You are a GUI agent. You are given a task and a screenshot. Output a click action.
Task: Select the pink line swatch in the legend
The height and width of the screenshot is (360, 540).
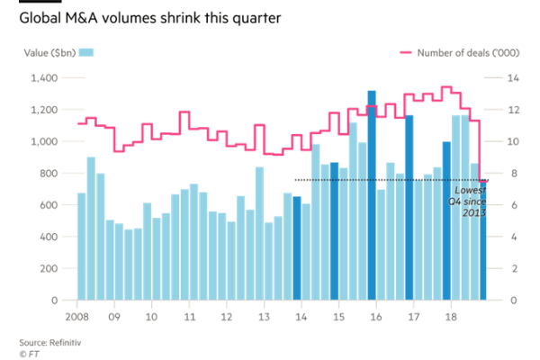[x=409, y=53]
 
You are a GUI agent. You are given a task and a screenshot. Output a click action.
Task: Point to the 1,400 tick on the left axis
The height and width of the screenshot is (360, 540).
[x=44, y=79]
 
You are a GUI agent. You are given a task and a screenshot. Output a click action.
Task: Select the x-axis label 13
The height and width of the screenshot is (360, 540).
[x=264, y=317]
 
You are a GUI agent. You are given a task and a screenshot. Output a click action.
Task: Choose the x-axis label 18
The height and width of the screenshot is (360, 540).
[x=451, y=317]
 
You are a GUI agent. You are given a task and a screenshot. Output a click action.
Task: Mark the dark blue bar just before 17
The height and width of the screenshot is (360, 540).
[x=409, y=207]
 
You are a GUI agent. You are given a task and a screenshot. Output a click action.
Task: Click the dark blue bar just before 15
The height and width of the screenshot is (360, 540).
[x=335, y=230]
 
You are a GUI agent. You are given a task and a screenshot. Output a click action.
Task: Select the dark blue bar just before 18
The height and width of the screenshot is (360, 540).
[x=446, y=220]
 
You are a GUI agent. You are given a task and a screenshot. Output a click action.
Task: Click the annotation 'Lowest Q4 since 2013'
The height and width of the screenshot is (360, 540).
[x=471, y=202]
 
